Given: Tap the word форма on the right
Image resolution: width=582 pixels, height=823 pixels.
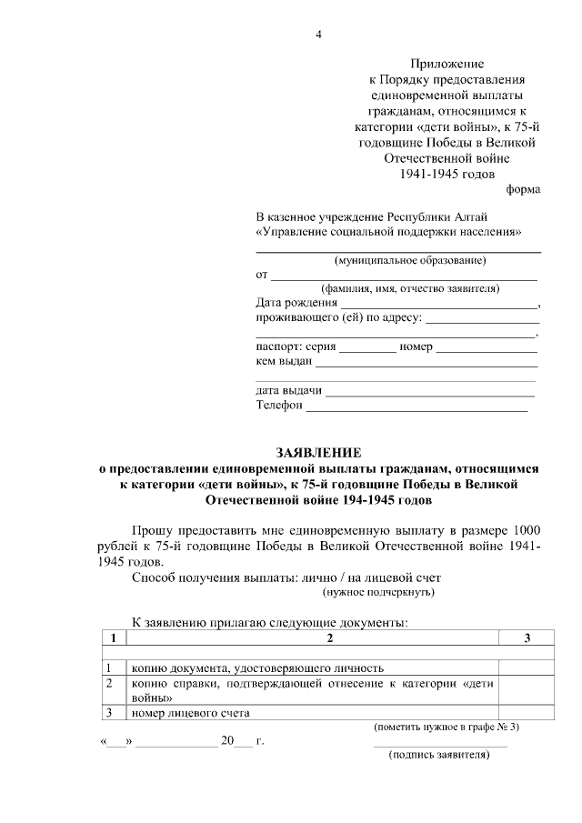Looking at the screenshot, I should (x=522, y=189).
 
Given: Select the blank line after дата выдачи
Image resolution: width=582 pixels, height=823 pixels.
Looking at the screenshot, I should (x=429, y=395).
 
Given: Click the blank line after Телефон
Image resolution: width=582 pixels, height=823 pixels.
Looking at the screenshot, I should (x=416, y=409).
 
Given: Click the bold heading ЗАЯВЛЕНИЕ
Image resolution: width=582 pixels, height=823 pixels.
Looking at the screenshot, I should (x=318, y=452).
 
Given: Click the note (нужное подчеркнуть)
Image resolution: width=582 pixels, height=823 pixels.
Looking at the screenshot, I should (x=379, y=592).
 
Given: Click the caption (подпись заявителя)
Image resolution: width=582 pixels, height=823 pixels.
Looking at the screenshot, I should (x=439, y=755).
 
